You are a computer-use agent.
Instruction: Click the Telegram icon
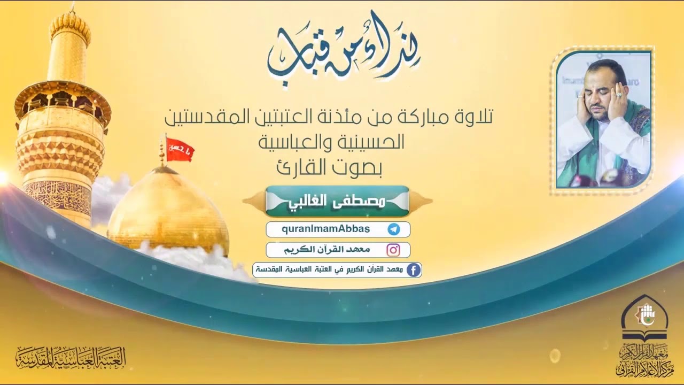(x=394, y=229)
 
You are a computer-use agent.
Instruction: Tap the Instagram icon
(x=394, y=250)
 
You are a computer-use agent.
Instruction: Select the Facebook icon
(x=413, y=270)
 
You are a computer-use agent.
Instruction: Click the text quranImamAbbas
(x=325, y=229)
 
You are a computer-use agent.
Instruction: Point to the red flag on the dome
(x=179, y=149)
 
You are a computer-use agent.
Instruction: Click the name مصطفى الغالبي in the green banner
(x=337, y=201)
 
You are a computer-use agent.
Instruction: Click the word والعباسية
(x=292, y=142)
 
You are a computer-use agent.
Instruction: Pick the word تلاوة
(x=473, y=116)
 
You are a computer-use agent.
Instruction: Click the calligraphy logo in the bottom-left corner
(x=71, y=357)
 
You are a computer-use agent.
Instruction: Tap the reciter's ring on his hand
(x=619, y=95)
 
